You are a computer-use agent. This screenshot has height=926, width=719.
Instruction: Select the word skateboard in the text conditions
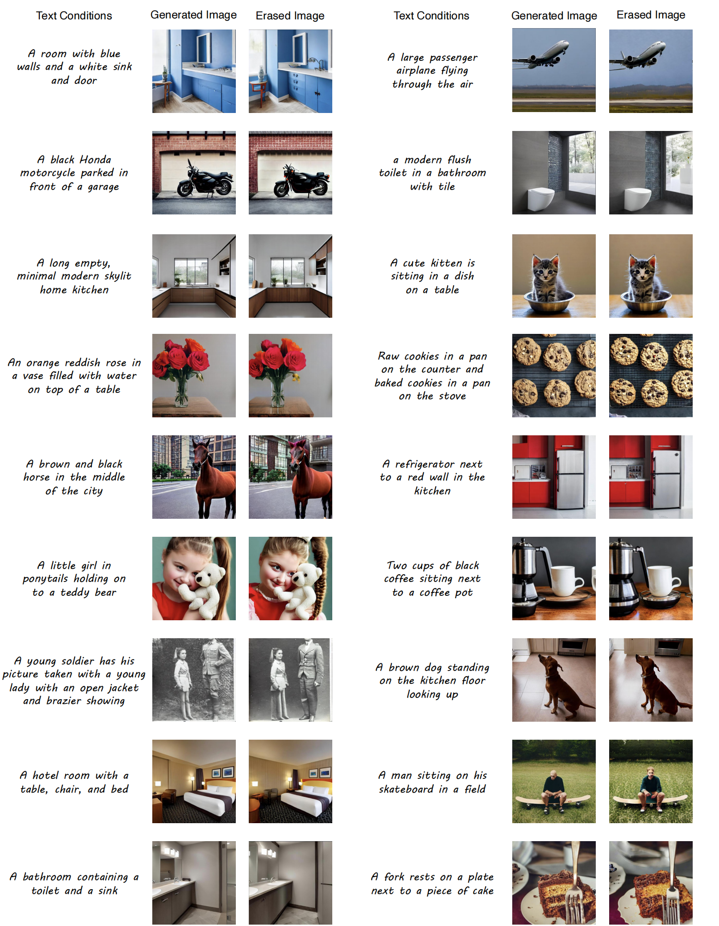coord(407,789)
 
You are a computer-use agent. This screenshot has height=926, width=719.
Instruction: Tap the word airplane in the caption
coord(416,71)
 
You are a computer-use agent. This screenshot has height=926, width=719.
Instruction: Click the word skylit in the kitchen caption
coord(118,276)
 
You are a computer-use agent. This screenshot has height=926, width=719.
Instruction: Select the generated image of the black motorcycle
coord(194,172)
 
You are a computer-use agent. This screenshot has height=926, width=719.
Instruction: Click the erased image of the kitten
coord(651,276)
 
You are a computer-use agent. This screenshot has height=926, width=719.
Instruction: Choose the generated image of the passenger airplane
coord(554,70)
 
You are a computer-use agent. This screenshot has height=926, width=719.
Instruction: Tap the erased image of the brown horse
coord(290,477)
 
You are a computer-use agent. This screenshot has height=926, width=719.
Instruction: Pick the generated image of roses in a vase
coord(194,375)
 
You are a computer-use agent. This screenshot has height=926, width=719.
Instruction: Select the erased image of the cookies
coord(651,375)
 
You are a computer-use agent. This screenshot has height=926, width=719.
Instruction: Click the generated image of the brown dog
coord(554,680)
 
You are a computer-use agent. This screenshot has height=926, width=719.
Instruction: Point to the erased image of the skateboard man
coord(651,781)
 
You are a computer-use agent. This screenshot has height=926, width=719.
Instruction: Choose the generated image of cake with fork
coord(554,883)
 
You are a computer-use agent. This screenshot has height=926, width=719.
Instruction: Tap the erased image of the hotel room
coord(290,781)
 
